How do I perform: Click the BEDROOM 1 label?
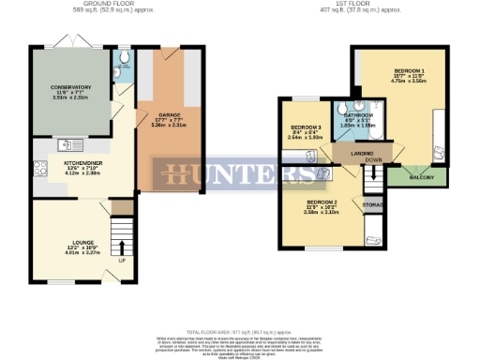(x=408, y=71)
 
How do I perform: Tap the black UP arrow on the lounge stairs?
(x=120, y=247)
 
